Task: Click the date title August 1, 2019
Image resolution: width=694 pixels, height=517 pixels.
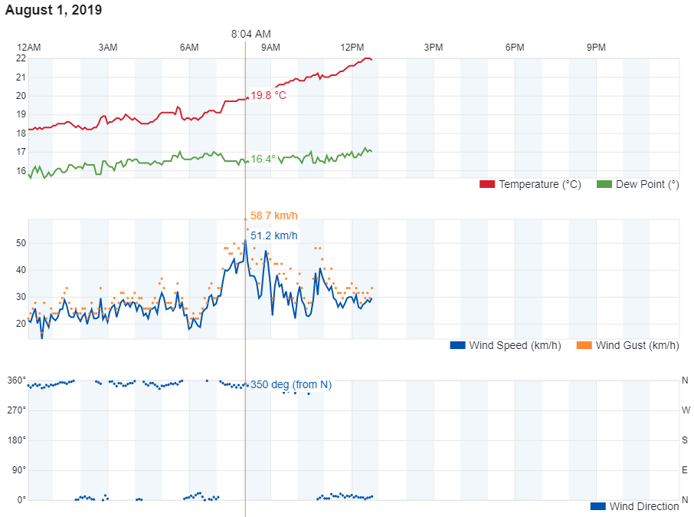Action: click(54, 11)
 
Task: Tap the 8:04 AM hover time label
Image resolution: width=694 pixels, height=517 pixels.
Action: click(251, 34)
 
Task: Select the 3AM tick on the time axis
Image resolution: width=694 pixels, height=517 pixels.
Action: click(108, 48)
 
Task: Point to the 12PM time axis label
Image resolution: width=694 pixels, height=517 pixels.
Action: click(352, 48)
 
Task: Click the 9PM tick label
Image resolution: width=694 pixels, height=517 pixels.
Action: click(596, 48)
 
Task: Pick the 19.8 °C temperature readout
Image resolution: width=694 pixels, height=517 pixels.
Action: click(268, 96)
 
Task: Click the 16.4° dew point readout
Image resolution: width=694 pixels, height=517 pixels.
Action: click(263, 160)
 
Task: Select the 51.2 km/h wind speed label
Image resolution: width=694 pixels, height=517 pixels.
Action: click(273, 235)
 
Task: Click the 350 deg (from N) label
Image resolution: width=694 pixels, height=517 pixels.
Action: click(290, 384)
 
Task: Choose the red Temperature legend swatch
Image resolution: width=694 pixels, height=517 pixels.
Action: click(487, 184)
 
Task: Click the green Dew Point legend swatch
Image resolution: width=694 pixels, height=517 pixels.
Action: click(604, 184)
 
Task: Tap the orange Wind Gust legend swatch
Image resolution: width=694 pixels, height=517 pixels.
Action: click(584, 345)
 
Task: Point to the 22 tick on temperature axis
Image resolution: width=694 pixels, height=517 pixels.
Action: click(21, 58)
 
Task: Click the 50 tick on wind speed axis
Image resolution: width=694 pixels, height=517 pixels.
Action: click(21, 243)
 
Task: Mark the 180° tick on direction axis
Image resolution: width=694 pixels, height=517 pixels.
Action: click(17, 440)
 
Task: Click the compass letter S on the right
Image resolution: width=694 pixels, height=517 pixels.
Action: click(686, 440)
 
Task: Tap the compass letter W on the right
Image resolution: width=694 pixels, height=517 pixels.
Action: click(686, 410)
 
